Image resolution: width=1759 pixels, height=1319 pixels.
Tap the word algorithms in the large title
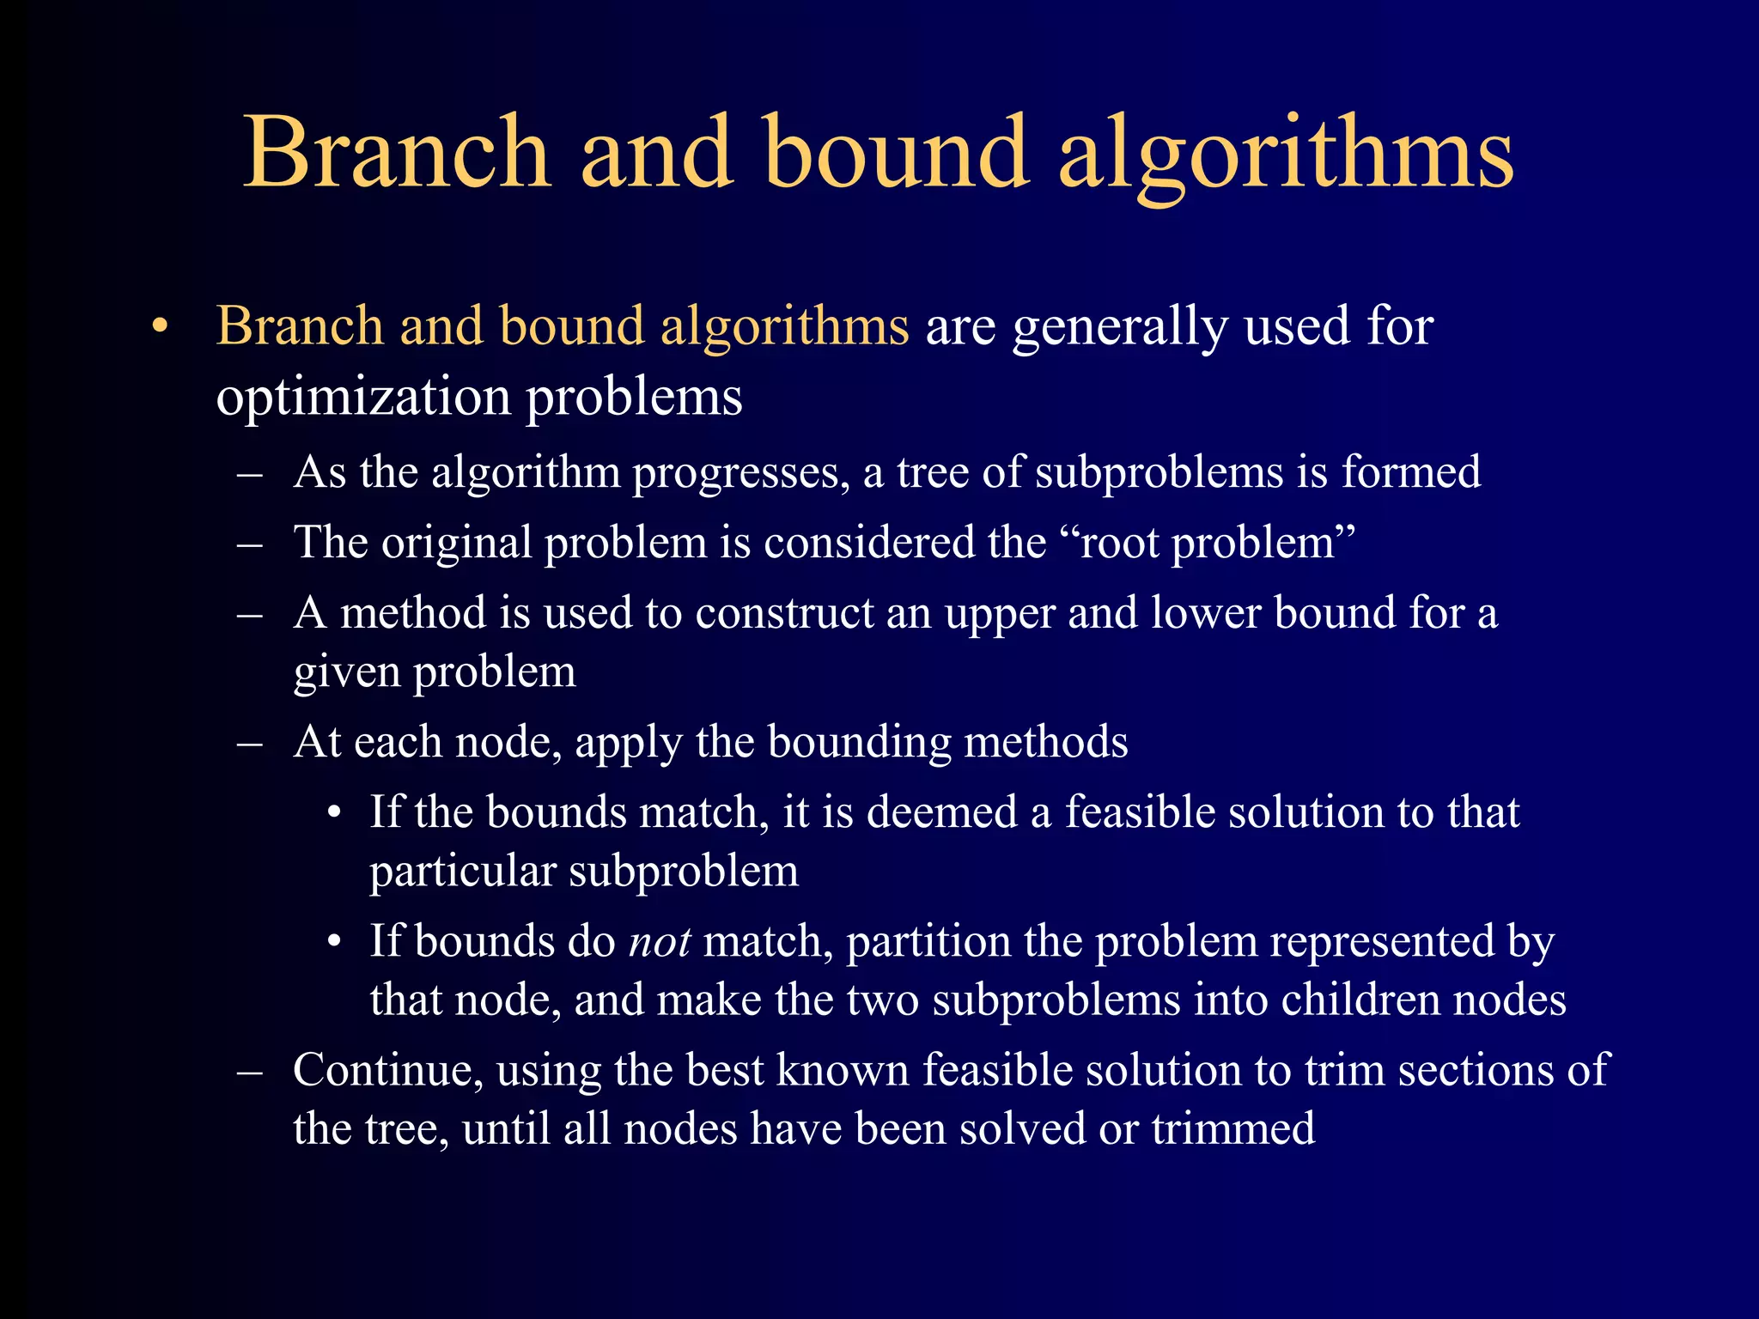1286,155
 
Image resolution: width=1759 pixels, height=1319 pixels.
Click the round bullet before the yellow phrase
159,327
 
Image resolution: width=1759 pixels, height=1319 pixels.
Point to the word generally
1120,328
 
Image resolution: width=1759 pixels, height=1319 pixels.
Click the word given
346,672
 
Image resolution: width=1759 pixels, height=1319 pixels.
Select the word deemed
941,812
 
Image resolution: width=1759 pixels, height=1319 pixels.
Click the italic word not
660,942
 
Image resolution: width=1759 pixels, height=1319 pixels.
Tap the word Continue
387,1071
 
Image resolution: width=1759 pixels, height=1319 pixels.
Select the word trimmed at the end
1233,1129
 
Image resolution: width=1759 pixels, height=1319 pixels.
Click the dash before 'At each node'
250,743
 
